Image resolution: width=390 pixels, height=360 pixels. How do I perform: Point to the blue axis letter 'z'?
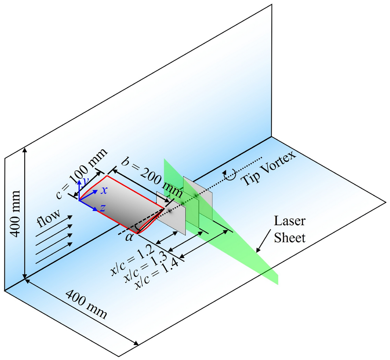point(102,208)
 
